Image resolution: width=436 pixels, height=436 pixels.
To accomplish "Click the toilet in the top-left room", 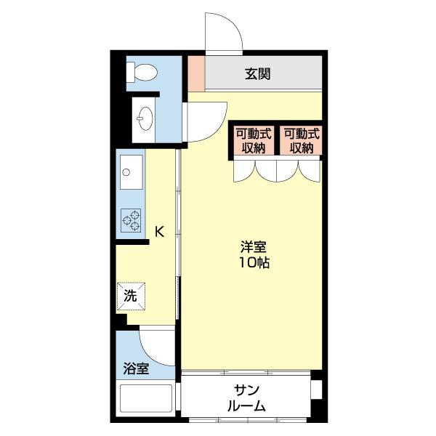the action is click(142, 72).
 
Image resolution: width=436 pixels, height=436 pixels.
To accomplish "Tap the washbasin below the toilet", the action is click(145, 118).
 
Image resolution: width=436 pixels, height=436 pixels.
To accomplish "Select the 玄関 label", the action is click(258, 73).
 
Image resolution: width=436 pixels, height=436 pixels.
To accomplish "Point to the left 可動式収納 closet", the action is click(254, 140).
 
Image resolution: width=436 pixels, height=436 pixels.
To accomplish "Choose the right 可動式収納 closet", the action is click(302, 140).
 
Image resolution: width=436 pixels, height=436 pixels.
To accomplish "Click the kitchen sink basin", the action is click(132, 172).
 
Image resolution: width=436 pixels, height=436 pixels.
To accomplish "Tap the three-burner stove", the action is click(131, 220).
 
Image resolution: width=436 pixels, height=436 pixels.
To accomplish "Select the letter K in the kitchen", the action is click(159, 231).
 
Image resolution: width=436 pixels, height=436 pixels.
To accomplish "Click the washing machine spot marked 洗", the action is click(131, 296).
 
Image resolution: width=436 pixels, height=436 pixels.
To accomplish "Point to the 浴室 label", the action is click(136, 368).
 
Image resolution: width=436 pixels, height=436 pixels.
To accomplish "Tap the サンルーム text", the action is click(246, 398).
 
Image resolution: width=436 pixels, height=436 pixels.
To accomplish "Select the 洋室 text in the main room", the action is click(254, 247).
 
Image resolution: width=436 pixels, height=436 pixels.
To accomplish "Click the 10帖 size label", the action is click(254, 262).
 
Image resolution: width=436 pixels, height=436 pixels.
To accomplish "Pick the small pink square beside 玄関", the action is click(196, 73).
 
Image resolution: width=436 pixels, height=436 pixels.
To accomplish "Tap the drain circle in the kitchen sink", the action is click(126, 172).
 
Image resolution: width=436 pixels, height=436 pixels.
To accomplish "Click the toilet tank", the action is click(130, 72).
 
